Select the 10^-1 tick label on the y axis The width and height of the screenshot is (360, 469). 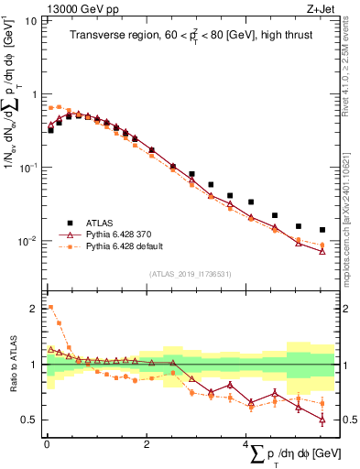click(28, 168)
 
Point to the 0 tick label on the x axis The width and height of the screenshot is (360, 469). click(47, 444)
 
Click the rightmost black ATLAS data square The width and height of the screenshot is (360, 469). click(322, 230)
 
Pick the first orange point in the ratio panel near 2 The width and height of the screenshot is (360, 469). click(49, 308)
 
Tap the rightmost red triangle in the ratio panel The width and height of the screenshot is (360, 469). click(322, 420)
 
